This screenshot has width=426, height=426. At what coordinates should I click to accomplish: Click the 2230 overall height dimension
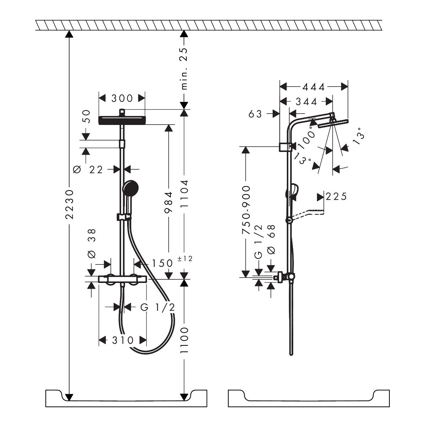pyautogui.click(x=70, y=204)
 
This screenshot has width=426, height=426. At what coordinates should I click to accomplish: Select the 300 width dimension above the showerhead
pyautogui.click(x=122, y=98)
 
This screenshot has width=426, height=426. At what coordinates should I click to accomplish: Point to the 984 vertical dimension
pyautogui.click(x=169, y=202)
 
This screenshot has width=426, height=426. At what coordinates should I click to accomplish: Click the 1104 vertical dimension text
pyautogui.click(x=184, y=194)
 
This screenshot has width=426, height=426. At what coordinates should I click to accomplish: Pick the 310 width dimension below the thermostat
pyautogui.click(x=123, y=340)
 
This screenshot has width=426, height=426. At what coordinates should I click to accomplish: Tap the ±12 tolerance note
pyautogui.click(x=185, y=258)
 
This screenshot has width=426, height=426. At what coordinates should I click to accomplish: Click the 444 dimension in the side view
pyautogui.click(x=313, y=87)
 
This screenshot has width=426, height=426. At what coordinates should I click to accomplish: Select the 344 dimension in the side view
pyautogui.click(x=306, y=102)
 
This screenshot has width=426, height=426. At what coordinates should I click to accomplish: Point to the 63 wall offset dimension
pyautogui.click(x=255, y=114)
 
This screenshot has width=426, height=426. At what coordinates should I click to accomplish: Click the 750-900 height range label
pyautogui.click(x=246, y=210)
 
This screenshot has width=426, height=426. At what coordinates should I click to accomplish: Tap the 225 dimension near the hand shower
pyautogui.click(x=336, y=197)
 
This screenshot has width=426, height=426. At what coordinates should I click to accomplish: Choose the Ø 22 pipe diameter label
pyautogui.click(x=88, y=170)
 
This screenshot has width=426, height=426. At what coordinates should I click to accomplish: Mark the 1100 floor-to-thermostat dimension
pyautogui.click(x=184, y=340)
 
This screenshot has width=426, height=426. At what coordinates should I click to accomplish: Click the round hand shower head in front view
pyautogui.click(x=130, y=188)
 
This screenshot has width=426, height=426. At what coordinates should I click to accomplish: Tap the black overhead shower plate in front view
pyautogui.click(x=122, y=120)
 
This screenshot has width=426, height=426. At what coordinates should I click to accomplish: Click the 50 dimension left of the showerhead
pyautogui.click(x=86, y=117)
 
